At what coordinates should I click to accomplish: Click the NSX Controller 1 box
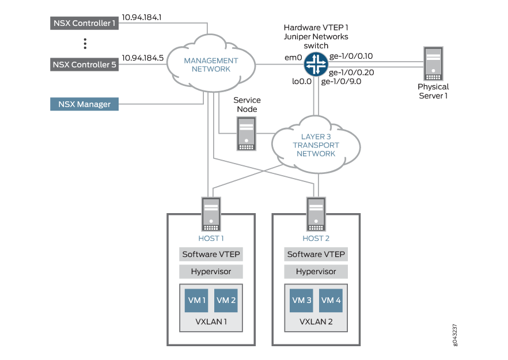(x=84, y=23)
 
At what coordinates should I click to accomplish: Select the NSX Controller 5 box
(x=84, y=65)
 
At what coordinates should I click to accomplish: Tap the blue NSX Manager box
(x=84, y=104)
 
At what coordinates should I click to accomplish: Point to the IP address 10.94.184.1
(x=142, y=17)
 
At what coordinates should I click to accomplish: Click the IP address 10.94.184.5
(x=142, y=58)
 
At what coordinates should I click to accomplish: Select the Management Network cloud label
(x=211, y=65)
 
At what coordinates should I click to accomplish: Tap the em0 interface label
(x=294, y=57)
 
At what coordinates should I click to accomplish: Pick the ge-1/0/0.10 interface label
(x=351, y=56)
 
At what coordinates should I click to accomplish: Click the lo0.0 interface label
(x=302, y=82)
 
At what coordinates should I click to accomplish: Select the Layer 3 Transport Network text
(x=316, y=145)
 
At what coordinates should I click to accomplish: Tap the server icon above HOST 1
(x=211, y=214)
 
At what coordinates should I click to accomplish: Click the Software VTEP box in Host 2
(x=316, y=254)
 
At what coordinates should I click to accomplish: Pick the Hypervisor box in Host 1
(x=211, y=271)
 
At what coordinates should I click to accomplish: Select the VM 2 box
(x=225, y=300)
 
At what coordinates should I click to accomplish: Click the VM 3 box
(x=301, y=300)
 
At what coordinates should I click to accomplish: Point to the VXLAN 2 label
(x=316, y=321)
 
